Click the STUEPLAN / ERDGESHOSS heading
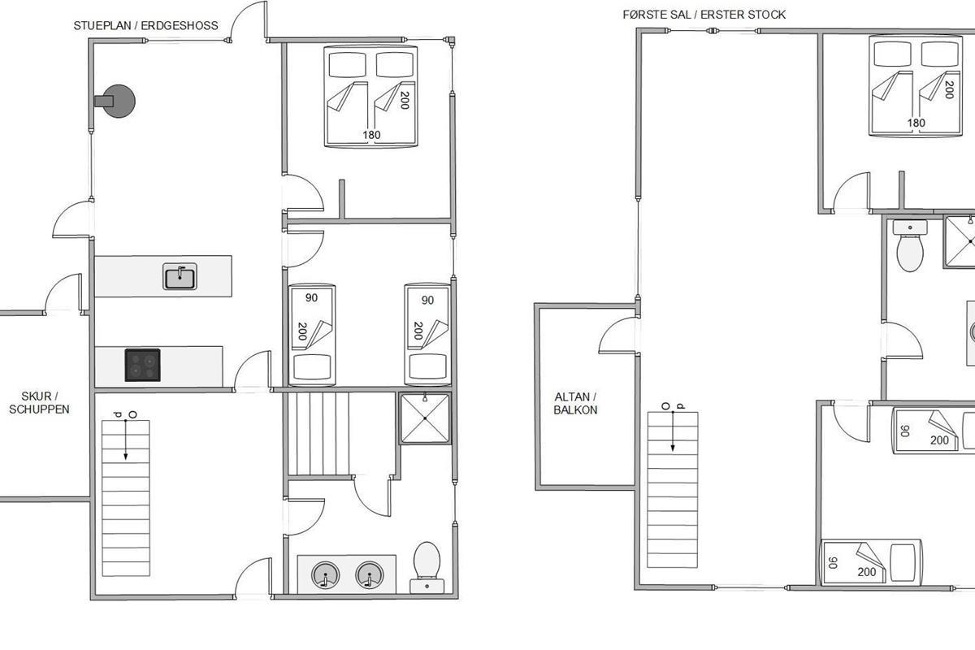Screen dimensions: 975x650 click(x=145, y=26)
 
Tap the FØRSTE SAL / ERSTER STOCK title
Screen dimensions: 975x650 click(x=704, y=15)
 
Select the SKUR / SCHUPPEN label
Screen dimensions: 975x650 click(x=39, y=403)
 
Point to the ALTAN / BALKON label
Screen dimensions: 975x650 click(x=575, y=404)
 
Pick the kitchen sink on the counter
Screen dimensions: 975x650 click(x=180, y=276)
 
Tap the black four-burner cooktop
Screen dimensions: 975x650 click(x=143, y=366)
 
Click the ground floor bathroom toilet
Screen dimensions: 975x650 click(x=427, y=567)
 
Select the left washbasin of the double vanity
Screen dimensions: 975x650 click(x=325, y=575)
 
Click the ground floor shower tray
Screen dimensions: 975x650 click(x=425, y=418)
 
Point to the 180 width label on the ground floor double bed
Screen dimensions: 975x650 click(x=372, y=135)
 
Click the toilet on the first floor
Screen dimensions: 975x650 click(x=910, y=246)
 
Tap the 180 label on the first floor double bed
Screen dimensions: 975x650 click(x=916, y=123)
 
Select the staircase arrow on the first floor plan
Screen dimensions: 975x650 click(x=673, y=431)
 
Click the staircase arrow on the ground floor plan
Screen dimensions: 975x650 click(x=126, y=440)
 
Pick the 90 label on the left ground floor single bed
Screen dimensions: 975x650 click(x=312, y=298)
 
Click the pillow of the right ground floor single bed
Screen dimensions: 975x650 click(x=427, y=366)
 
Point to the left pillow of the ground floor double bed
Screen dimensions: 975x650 click(x=348, y=65)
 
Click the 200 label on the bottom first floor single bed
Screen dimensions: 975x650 click(x=867, y=572)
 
